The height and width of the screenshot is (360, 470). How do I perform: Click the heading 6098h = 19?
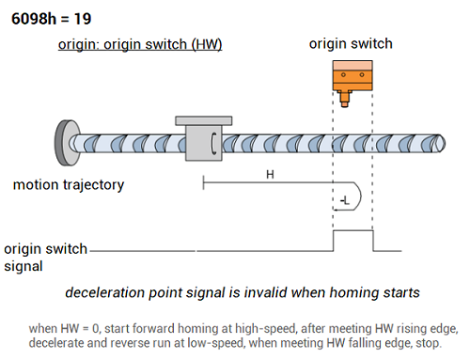point(52,19)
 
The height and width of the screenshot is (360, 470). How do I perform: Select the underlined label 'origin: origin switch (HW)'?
point(140,44)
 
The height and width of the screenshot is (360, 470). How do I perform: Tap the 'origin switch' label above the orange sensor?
point(351,43)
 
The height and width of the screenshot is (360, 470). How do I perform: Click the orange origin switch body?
point(352,76)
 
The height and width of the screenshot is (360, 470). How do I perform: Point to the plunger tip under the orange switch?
point(345,104)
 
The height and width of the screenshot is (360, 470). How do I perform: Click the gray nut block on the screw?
point(204,143)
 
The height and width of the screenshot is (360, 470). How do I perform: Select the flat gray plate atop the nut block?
point(204,120)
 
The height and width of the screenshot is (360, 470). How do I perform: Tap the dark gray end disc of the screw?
point(64,143)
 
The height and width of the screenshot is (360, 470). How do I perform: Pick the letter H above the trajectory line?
point(270,174)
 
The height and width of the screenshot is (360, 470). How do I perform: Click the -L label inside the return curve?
point(345,200)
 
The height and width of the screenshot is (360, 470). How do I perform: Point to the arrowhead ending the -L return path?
point(335,210)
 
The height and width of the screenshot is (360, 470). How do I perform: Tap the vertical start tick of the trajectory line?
point(204,182)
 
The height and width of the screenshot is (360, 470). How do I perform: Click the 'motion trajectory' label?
point(69,185)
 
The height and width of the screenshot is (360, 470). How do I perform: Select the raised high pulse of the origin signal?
point(353,231)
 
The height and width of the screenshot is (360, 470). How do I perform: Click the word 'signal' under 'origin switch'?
point(23,267)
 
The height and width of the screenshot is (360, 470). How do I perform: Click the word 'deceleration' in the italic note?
point(105,292)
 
